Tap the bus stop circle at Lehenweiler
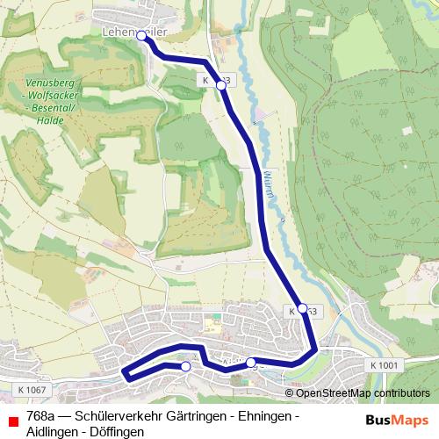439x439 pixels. point(141,36)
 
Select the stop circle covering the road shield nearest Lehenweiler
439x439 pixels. point(221,86)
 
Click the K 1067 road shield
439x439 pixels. point(31,389)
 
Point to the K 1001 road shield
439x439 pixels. point(384,365)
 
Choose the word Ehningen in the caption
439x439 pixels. point(262,416)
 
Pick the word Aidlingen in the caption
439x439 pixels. point(54,432)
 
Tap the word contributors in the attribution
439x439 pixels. point(399,393)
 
